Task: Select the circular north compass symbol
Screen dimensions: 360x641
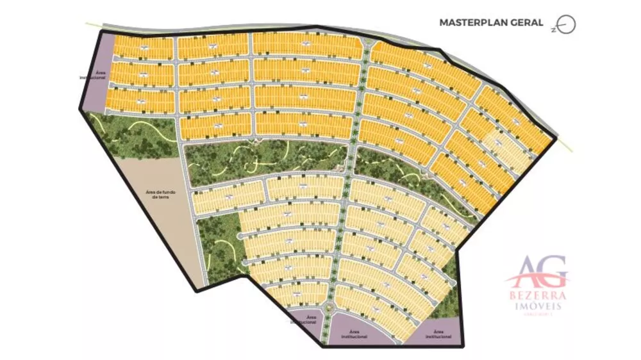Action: pos(567,24)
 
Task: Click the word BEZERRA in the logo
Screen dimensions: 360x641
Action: pos(538,296)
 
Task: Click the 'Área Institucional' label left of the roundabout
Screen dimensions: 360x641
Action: pos(310,318)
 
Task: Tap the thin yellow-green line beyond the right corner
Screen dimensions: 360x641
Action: pos(565,145)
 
